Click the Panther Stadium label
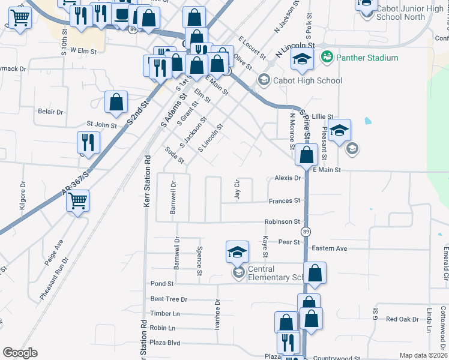click(x=367, y=58)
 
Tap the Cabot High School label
click(x=307, y=80)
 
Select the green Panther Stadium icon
click(x=327, y=58)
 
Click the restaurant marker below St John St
click(x=88, y=143)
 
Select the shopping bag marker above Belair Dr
click(x=116, y=103)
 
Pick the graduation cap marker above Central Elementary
click(x=237, y=251)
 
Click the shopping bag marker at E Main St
click(x=306, y=155)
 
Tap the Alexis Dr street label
click(x=288, y=178)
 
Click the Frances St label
click(x=284, y=201)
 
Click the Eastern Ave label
click(x=329, y=248)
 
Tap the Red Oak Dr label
click(x=402, y=319)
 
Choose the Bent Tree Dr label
click(x=169, y=299)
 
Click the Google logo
click(x=20, y=353)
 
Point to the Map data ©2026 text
click(x=423, y=355)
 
